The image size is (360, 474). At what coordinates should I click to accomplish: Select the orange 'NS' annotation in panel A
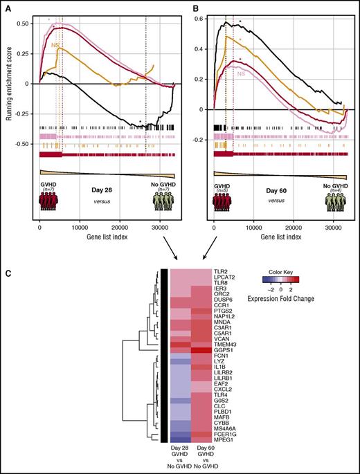[x=56, y=46]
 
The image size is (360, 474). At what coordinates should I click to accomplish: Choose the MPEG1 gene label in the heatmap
[x=226, y=438]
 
